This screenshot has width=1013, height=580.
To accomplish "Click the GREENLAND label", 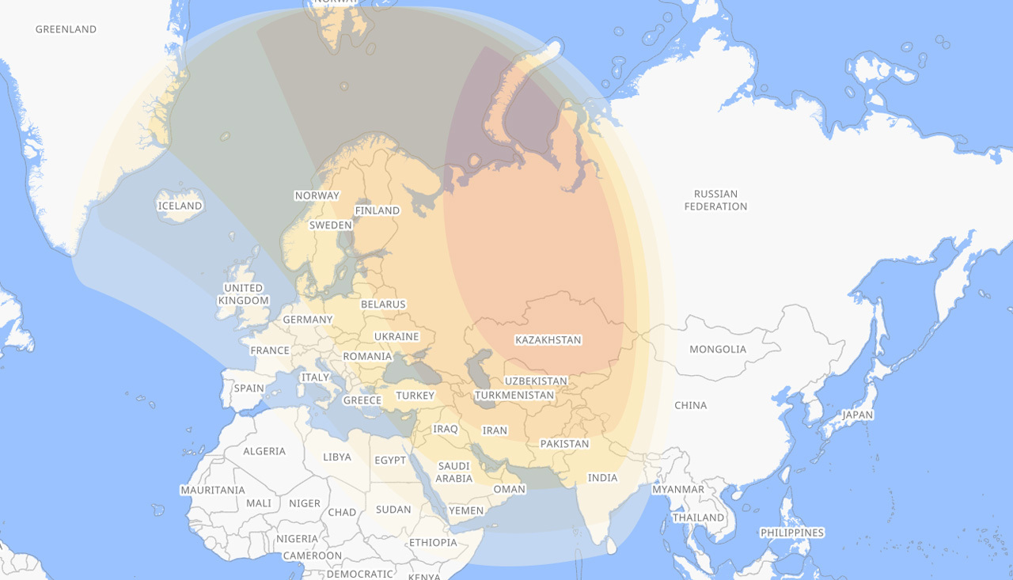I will pyautogui.click(x=66, y=29).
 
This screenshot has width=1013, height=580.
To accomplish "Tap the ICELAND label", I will pyautogui.click(x=180, y=206).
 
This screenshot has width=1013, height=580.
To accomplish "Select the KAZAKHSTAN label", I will pyautogui.click(x=548, y=340).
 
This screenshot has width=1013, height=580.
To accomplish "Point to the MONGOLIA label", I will pyautogui.click(x=718, y=349).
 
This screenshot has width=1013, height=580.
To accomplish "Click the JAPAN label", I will pyautogui.click(x=857, y=415).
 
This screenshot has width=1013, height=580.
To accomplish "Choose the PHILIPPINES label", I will pyautogui.click(x=791, y=533).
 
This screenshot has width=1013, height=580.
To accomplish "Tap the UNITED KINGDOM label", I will pyautogui.click(x=244, y=294).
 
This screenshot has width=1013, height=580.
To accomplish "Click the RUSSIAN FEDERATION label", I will pyautogui.click(x=715, y=200).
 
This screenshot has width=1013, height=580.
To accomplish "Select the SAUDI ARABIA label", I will pyautogui.click(x=454, y=472).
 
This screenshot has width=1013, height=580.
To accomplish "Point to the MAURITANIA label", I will pyautogui.click(x=212, y=490).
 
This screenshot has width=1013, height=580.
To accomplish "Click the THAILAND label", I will pyautogui.click(x=698, y=517).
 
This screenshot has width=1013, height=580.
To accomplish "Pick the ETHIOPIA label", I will pyautogui.click(x=433, y=543).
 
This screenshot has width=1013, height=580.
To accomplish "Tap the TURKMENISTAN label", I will pyautogui.click(x=514, y=395).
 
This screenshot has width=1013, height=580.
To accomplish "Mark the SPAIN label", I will pyautogui.click(x=249, y=389).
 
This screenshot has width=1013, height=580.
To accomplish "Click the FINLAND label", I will pyautogui.click(x=378, y=210).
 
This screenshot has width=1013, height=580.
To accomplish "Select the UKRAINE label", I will pyautogui.click(x=396, y=336).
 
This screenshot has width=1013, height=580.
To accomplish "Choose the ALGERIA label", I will pyautogui.click(x=264, y=451).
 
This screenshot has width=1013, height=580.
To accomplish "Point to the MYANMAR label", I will pyautogui.click(x=677, y=489).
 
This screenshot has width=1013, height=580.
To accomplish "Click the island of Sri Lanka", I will pyautogui.click(x=611, y=545).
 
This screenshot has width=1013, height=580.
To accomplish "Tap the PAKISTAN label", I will pyautogui.click(x=564, y=444).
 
